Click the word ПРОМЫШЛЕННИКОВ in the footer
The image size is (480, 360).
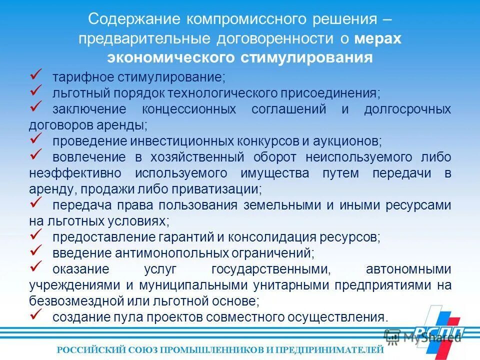pyautogui.click(x=195, y=349)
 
